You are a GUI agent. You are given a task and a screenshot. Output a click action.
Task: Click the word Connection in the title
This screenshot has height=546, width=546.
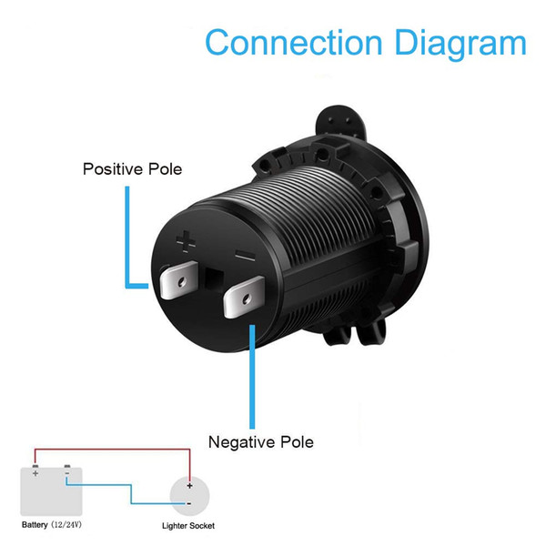tap(294, 42)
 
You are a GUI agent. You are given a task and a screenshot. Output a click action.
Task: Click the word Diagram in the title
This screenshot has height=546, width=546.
tap(460, 45)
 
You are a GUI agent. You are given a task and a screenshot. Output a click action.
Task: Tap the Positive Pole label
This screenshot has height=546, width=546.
tap(132, 169)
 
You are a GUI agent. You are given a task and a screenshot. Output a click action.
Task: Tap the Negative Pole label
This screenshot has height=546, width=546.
tap(261, 442)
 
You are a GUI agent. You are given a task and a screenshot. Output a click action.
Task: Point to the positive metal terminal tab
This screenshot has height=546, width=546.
tap(179, 279)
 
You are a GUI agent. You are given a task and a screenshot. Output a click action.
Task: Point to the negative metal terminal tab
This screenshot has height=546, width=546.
tap(244, 297)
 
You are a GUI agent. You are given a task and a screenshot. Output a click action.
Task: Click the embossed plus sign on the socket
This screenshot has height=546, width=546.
tap(186, 241)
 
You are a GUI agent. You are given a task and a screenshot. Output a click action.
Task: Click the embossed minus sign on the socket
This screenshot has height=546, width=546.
tap(246, 256)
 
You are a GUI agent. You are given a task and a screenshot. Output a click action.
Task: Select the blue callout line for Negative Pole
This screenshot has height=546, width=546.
tap(252, 377)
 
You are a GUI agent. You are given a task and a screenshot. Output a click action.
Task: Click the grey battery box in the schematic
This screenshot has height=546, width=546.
tap(51, 491)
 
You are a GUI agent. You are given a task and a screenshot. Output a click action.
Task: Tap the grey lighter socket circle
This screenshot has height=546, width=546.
tap(189, 496)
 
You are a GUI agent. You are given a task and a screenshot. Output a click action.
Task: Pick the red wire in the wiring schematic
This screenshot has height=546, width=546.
tap(112, 450)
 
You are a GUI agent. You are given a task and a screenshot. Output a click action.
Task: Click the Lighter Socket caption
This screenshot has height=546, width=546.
tap(188, 526)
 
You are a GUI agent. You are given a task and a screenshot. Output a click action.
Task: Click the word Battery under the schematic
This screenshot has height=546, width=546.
tap(35, 525)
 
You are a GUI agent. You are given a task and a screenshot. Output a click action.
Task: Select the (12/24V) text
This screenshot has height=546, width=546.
tap(66, 525)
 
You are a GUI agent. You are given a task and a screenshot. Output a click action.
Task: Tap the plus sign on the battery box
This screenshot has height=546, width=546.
tap(35, 473)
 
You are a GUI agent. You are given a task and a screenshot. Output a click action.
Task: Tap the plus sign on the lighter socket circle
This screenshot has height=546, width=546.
tap(189, 485)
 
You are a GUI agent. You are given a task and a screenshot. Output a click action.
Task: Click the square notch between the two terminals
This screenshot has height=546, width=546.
tap(214, 279)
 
